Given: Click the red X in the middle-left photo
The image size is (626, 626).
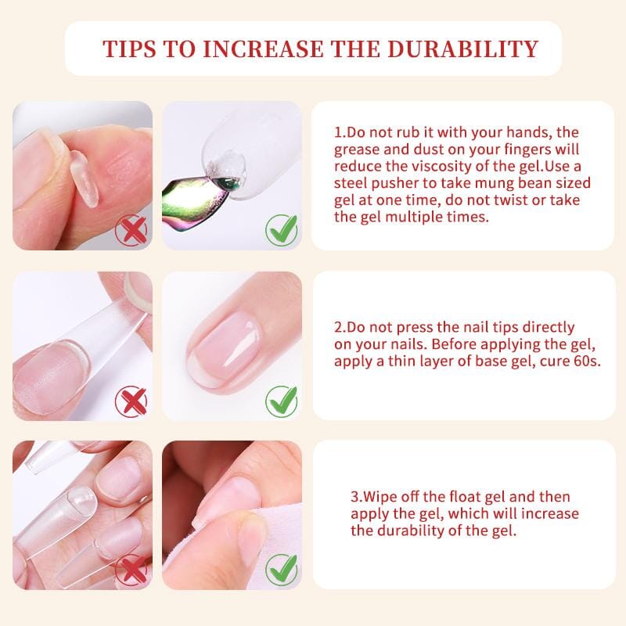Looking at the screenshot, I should [x=131, y=401].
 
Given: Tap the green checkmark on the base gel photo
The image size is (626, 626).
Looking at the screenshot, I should [x=281, y=401].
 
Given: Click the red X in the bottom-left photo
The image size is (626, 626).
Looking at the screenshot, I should [x=131, y=569].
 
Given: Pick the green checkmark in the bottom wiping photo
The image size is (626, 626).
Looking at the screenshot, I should [x=281, y=569].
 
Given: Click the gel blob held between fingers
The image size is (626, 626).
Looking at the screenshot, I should [x=84, y=178].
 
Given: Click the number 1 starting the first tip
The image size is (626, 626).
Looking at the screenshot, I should [x=338, y=133].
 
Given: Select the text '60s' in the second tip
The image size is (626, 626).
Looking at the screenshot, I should [x=586, y=362].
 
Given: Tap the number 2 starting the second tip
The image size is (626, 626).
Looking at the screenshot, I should [x=338, y=327].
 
